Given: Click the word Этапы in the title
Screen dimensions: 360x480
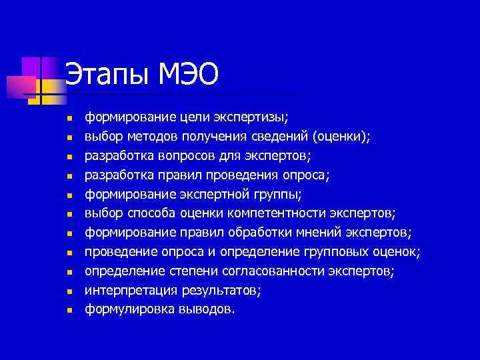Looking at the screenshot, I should [x=107, y=74].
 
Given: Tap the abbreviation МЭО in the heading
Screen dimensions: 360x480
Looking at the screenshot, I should [x=189, y=74].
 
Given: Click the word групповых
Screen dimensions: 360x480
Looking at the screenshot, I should [x=341, y=252].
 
